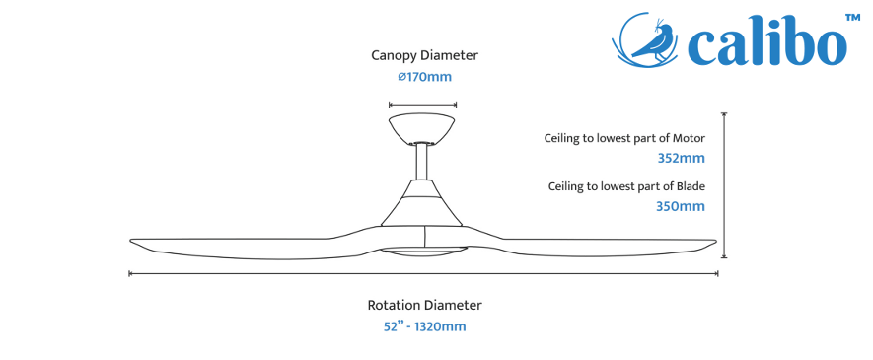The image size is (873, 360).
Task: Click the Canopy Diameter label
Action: pos(424,55)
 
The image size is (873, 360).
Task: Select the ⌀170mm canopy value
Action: pos(424,77)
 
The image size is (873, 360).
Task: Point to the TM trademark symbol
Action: pos(853,18)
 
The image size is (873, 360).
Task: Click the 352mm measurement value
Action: pos(681,159)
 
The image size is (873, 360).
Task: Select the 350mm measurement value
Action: pos(681,206)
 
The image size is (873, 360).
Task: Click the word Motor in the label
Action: pos(689,138)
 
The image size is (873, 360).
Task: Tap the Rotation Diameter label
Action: pos(424,305)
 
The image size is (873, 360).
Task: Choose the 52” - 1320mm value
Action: pos(424,326)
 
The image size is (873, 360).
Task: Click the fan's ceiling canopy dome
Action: pos(422,128)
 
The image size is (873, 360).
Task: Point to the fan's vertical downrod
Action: pos(422,162)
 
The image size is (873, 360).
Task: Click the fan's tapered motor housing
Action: pos(422,203)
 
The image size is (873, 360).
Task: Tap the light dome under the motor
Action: pos(422,252)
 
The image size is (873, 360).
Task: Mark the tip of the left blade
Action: pos(131,241)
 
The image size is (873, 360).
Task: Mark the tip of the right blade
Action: pos(716,241)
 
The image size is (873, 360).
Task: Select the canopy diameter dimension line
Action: pos(422,104)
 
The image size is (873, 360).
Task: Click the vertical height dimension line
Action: pos(724,185)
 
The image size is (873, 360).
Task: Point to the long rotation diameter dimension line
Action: pos(424,273)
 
